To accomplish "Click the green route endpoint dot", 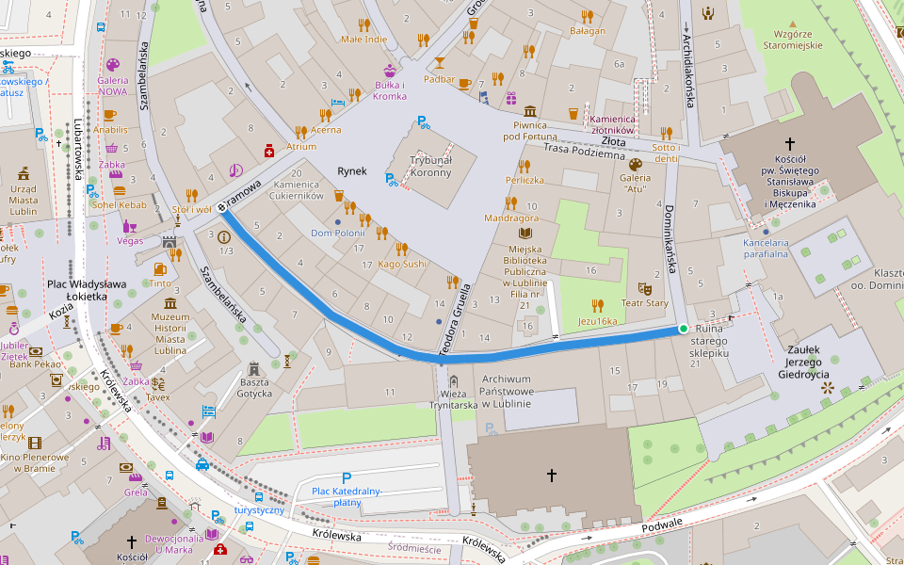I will pyautogui.click(x=682, y=329).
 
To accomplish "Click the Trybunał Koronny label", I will pyautogui.click(x=430, y=167).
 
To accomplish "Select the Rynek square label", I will pyautogui.click(x=351, y=171).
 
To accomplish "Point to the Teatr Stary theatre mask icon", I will pyautogui.click(x=645, y=288).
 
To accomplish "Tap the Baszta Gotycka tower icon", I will pyautogui.click(x=253, y=368).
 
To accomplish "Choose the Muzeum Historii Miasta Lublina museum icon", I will pyautogui.click(x=170, y=304).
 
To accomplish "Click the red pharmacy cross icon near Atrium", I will pyautogui.click(x=269, y=151).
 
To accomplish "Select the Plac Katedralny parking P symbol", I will pyautogui.click(x=346, y=478).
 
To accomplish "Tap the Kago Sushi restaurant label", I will pyautogui.click(x=402, y=264).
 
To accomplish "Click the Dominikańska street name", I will pyautogui.click(x=671, y=239).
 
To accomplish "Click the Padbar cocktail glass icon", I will pyautogui.click(x=439, y=63).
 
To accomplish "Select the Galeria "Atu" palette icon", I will pyautogui.click(x=635, y=164).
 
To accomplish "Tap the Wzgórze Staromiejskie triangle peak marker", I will pyautogui.click(x=793, y=24).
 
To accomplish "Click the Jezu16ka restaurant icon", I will pyautogui.click(x=597, y=305).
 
